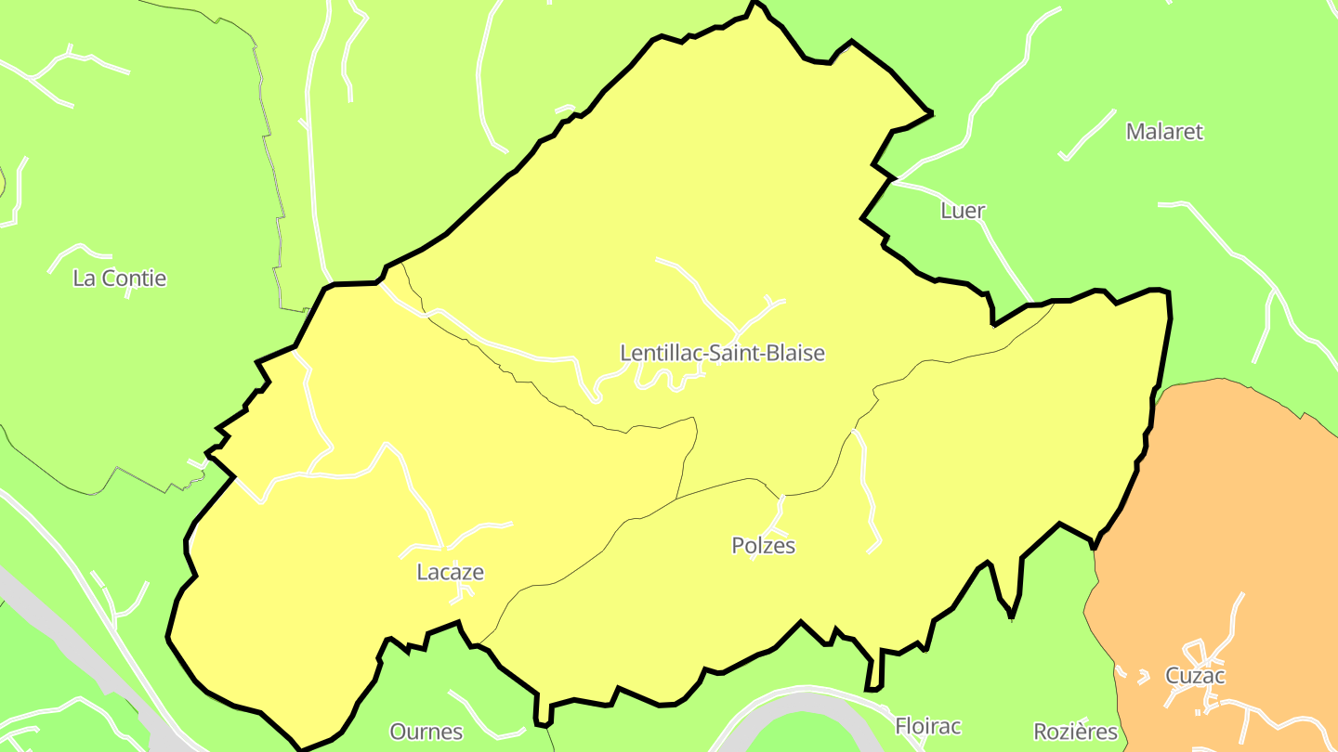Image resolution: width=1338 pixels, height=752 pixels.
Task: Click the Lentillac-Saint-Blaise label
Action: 722,353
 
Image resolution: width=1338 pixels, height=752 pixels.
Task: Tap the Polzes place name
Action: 764,546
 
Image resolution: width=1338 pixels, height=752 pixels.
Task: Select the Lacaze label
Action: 451,572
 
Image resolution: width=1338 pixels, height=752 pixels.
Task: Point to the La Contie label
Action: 120,278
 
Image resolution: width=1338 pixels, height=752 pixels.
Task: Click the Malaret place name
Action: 1164,132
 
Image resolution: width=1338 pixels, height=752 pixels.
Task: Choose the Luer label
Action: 963,211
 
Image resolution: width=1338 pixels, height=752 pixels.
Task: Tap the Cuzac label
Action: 1196,676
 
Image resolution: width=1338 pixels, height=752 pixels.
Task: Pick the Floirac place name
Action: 927,726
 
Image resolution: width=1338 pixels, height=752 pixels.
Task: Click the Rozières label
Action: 1076,732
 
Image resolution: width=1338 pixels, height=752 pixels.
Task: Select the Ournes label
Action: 426,732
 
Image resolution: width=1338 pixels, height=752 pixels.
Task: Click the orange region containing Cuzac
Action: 1208,520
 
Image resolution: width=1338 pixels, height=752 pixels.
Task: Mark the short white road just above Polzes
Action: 779,512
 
